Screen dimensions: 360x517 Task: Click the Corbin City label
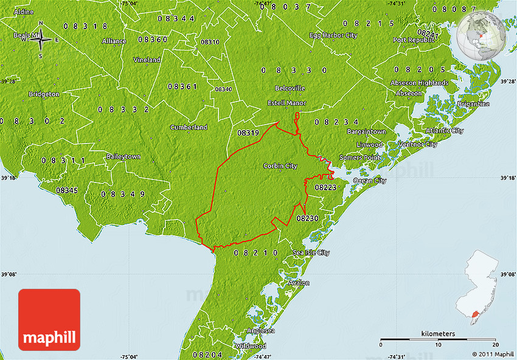click(x=280, y=165)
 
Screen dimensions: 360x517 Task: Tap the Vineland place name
click(x=147, y=60)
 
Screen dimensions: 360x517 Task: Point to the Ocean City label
click(x=370, y=181)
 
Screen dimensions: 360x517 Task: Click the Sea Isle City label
click(x=311, y=252)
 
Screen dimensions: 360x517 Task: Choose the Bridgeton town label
click(x=44, y=94)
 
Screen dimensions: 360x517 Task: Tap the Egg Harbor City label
click(x=333, y=35)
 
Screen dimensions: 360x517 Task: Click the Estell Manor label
click(x=287, y=103)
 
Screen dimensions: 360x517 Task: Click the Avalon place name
click(x=299, y=283)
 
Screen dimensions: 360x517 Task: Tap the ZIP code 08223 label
click(x=325, y=187)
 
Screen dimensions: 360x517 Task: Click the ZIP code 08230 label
click(x=307, y=218)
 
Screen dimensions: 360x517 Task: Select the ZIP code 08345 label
click(x=67, y=190)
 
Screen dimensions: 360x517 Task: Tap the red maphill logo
click(x=49, y=320)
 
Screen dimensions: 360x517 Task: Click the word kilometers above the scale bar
click(x=438, y=334)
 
